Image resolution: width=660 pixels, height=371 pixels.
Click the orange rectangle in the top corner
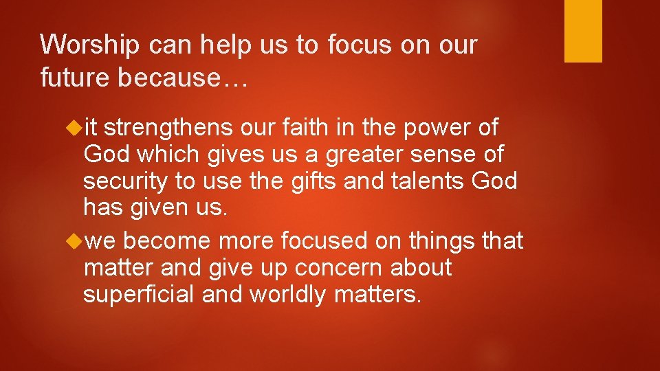[583, 31]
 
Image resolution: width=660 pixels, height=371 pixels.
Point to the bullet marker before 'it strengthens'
[75, 128]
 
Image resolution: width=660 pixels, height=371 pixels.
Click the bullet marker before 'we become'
[75, 241]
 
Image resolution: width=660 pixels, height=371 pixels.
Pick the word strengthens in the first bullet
[170, 128]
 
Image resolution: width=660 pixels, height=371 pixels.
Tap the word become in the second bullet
[168, 241]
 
